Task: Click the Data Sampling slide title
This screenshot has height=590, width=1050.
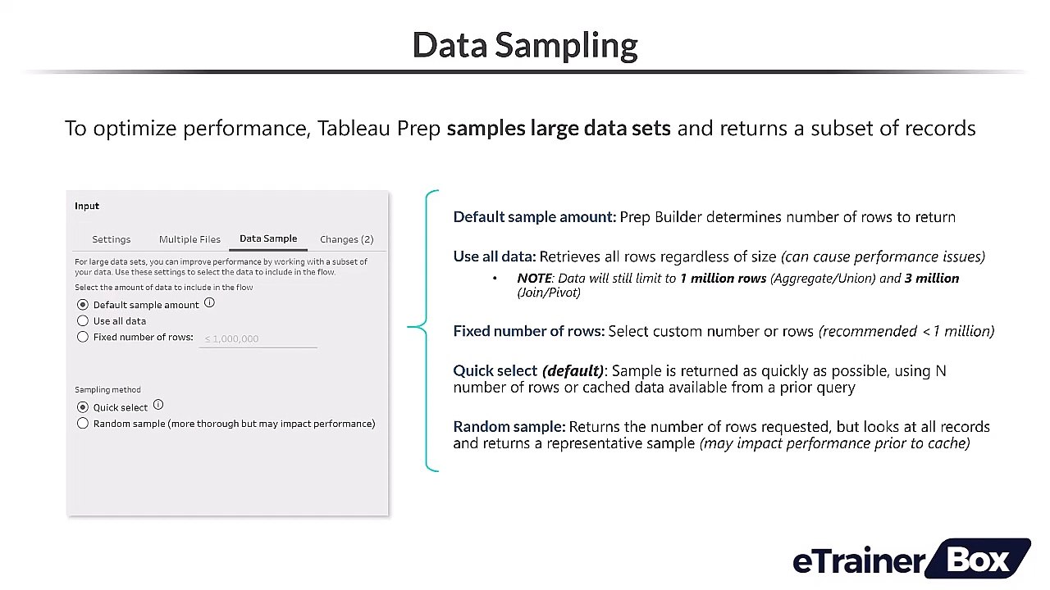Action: point(525,45)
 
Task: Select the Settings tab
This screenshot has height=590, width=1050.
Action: point(111,239)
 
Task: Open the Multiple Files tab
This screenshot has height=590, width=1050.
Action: point(189,239)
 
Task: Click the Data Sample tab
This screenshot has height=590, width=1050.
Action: point(268,238)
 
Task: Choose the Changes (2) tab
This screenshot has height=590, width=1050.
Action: point(346,239)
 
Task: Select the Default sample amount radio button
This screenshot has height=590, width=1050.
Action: point(83,305)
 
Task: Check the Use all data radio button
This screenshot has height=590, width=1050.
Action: point(83,321)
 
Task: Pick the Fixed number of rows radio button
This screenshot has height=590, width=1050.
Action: point(83,337)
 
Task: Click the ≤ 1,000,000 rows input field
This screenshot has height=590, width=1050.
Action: point(258,338)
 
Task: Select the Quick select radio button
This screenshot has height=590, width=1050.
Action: point(83,407)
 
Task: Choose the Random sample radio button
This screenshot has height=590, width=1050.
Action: point(83,424)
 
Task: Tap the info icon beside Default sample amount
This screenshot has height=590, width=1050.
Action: point(209,303)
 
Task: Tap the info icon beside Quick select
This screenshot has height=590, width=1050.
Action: point(158,405)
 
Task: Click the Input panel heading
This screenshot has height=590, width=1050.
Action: point(87,206)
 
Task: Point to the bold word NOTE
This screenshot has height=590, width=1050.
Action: point(534,279)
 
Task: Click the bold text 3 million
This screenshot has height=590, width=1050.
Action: point(931,279)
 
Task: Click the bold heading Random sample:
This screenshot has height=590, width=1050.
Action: point(509,427)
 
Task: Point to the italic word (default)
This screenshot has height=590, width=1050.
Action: point(573,371)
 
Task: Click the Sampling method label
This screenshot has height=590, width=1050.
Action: point(107,390)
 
